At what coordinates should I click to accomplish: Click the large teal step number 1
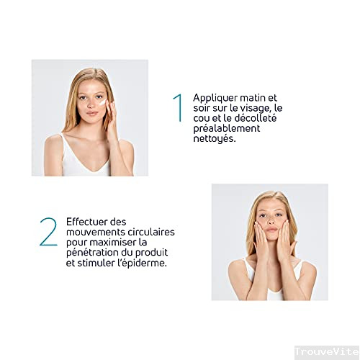(x=179, y=108)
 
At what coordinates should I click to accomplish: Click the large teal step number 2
(x=49, y=232)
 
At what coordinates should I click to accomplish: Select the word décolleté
(x=256, y=118)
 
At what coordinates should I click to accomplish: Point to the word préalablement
(x=227, y=129)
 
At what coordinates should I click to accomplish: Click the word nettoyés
(x=215, y=139)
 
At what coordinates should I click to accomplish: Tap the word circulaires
(x=151, y=232)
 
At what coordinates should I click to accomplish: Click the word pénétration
(x=92, y=253)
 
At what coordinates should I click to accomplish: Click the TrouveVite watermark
(x=327, y=352)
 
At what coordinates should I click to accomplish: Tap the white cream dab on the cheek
(x=102, y=102)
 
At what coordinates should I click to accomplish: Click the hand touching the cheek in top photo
(x=111, y=117)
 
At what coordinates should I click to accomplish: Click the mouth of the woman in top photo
(x=92, y=113)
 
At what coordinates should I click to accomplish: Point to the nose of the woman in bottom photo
(x=271, y=221)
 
